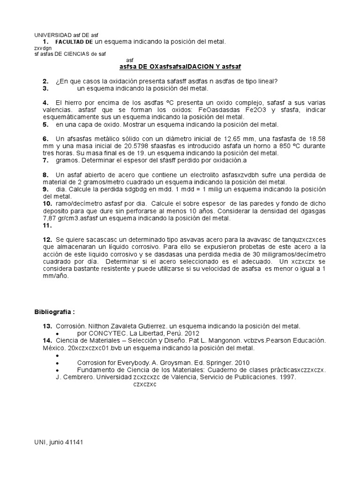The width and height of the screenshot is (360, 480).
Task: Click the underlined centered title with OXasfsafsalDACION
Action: pos(180,67)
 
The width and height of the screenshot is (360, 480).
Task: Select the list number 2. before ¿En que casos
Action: pos(45,81)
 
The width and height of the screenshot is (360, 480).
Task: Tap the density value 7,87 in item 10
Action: pos(51,218)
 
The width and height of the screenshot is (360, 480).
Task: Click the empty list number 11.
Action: pos(46,225)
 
